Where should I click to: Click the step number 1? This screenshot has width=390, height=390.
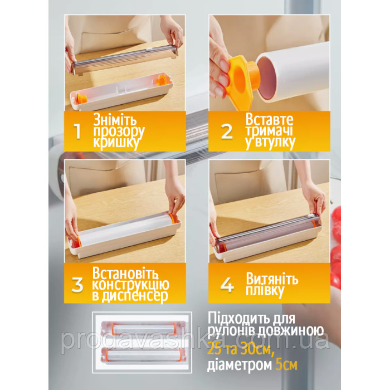78,131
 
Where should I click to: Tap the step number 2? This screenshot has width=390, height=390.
227,131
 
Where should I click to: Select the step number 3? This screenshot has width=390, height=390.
77,285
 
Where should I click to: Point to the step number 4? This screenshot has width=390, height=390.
227,285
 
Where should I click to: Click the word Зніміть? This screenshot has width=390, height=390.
115,120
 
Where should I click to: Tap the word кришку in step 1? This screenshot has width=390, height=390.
116,143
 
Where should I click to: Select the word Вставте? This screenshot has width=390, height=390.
269,119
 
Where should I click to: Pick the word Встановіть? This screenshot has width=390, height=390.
125,273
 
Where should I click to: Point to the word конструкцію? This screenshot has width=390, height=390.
130,285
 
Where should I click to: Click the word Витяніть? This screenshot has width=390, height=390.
272,279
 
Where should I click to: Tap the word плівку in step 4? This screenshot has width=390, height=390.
265,290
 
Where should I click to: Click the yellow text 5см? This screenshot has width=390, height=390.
286,365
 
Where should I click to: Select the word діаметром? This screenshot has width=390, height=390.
240,365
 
